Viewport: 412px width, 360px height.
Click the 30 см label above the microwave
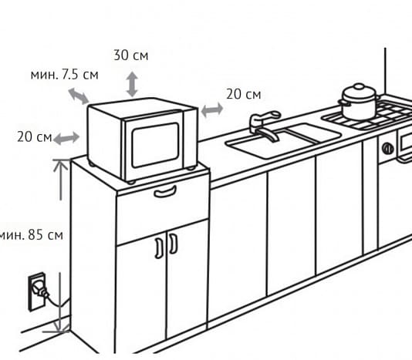click(x=131, y=56)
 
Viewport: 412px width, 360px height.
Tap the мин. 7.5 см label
click(x=64, y=75)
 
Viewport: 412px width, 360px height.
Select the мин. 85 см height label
click(x=32, y=235)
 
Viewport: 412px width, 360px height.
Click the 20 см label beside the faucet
click(x=244, y=94)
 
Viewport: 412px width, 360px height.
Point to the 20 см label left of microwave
click(x=35, y=136)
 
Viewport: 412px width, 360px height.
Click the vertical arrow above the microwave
click(x=132, y=84)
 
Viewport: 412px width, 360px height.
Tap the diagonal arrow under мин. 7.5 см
click(x=78, y=96)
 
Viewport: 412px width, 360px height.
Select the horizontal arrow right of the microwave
click(x=212, y=109)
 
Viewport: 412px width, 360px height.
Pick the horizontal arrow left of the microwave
click(x=66, y=139)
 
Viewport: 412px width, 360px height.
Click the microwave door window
click(x=155, y=145)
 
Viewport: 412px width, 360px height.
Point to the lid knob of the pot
click(x=359, y=86)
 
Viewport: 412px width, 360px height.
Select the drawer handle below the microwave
click(x=165, y=191)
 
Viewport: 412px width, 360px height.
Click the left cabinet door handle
click(x=159, y=248)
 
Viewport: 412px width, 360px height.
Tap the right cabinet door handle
click(x=173, y=244)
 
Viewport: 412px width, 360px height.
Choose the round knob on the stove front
click(x=387, y=149)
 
